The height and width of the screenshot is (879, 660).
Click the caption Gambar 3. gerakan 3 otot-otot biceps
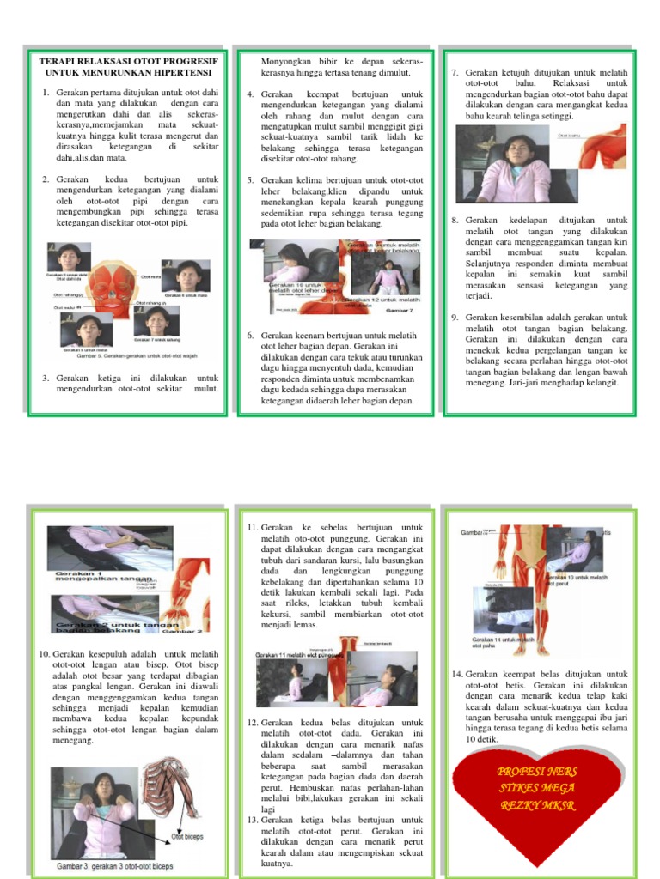pos(114,866)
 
